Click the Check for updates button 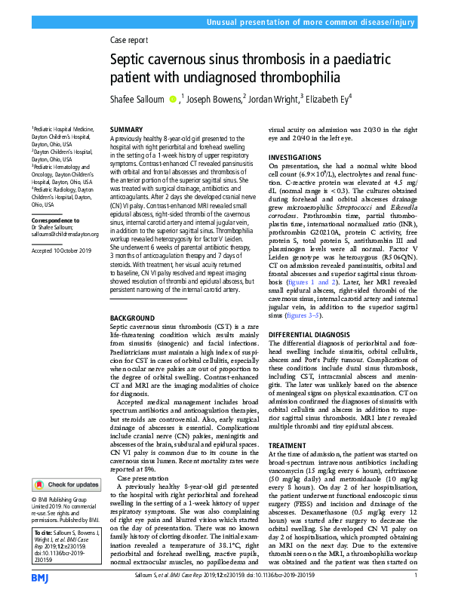tap(67, 484)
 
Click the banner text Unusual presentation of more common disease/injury tap(317, 11)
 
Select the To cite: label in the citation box tap(45, 532)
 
